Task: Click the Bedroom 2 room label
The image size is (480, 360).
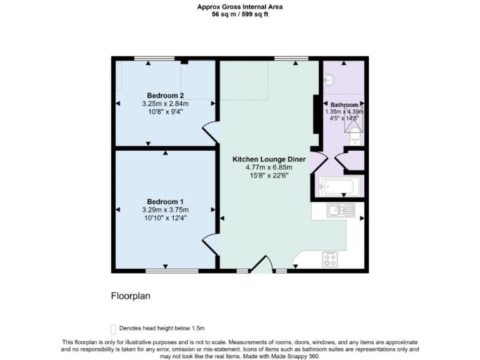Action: click(x=165, y=95)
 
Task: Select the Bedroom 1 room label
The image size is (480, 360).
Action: click(x=165, y=201)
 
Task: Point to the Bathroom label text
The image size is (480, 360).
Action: click(x=344, y=104)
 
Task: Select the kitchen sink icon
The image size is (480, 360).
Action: click(x=341, y=211)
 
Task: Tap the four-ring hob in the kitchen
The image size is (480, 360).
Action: click(x=329, y=258)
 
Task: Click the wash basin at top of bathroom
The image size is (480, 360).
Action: click(x=329, y=79)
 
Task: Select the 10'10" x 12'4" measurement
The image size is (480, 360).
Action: click(x=165, y=218)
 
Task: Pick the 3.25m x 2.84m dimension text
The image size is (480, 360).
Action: click(x=165, y=104)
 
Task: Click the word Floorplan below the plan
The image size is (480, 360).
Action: click(x=131, y=295)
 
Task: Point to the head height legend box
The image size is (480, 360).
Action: click(x=113, y=328)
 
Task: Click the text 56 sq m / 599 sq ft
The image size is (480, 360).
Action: click(x=241, y=14)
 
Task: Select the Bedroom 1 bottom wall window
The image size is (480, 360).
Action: click(x=165, y=271)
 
